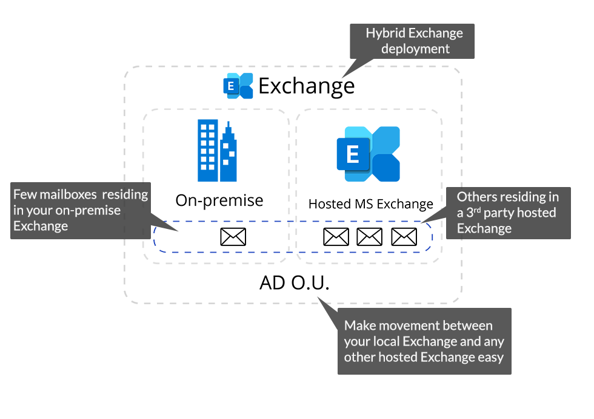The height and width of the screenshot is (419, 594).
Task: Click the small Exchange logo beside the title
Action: coord(238,86)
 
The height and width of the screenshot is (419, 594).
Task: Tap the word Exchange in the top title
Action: coord(306,86)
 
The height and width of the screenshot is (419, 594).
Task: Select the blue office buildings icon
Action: coord(216,151)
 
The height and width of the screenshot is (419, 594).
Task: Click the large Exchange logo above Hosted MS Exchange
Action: coord(369,154)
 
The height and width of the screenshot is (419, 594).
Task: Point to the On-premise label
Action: coord(219,200)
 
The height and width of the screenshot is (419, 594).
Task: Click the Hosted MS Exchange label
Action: coord(370,204)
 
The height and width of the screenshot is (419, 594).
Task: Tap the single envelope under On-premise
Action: coord(233,236)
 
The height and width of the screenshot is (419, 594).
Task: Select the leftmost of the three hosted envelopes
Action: coord(336,236)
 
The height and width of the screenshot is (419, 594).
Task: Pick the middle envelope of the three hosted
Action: coord(370,236)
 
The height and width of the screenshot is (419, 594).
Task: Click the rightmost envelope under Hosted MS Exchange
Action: coord(404,236)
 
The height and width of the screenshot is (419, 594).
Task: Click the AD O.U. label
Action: coord(294,283)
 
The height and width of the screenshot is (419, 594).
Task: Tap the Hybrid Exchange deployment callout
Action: coord(414,41)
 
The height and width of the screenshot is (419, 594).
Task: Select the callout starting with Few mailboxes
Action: coord(81,210)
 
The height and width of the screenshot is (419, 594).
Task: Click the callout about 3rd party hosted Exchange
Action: coord(508,213)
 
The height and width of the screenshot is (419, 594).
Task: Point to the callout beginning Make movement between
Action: coord(424,341)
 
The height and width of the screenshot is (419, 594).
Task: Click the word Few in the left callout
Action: coord(25,194)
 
